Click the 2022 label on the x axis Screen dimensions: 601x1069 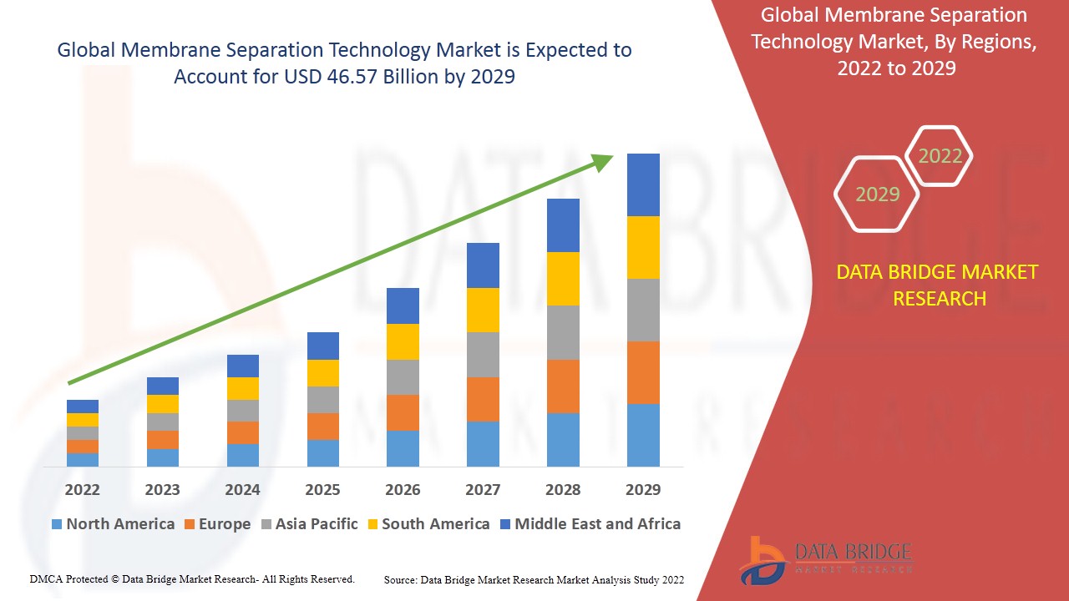[82, 489]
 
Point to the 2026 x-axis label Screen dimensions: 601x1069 [403, 489]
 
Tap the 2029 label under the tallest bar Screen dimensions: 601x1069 [643, 489]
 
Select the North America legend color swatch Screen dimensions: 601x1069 [57, 525]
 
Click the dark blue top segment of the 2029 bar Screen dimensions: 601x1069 [643, 184]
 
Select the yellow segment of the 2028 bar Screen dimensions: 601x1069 [563, 279]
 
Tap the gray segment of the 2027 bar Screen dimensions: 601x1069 [483, 355]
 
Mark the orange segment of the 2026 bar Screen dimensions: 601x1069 [403, 412]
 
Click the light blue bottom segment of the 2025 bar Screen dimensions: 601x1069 [323, 452]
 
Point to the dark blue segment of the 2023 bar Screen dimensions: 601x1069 [163, 386]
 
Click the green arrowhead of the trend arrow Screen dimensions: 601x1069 [603, 161]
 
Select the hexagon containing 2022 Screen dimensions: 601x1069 [940, 156]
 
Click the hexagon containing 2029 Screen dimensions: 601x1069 [877, 194]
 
